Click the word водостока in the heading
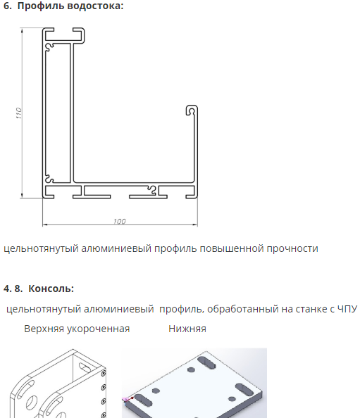pyautogui.click(x=95, y=6)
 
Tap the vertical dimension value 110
pyautogui.click(x=19, y=113)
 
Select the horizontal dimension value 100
pyautogui.click(x=119, y=221)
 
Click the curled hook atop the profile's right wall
pyautogui.click(x=192, y=110)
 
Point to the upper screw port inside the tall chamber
pyautogui.click(x=49, y=47)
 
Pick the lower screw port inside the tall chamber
pyautogui.click(x=49, y=178)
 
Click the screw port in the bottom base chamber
pyautogui.click(x=152, y=190)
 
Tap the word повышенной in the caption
pyautogui.click(x=232, y=248)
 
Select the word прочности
pyautogui.click(x=292, y=248)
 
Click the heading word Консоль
pyautogui.click(x=51, y=289)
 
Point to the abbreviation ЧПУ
pyautogui.click(x=347, y=309)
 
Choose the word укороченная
pyautogui.click(x=98, y=329)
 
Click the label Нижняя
pyautogui.click(x=187, y=329)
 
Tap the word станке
pyautogui.click(x=312, y=309)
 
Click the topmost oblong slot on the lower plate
pyautogui.click(x=206, y=363)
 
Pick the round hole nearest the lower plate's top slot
pyautogui.click(x=191, y=369)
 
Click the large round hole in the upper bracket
pyautogui.click(x=32, y=403)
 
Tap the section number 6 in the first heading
pyautogui.click(x=6, y=6)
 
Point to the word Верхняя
pyautogui.click(x=44, y=329)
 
